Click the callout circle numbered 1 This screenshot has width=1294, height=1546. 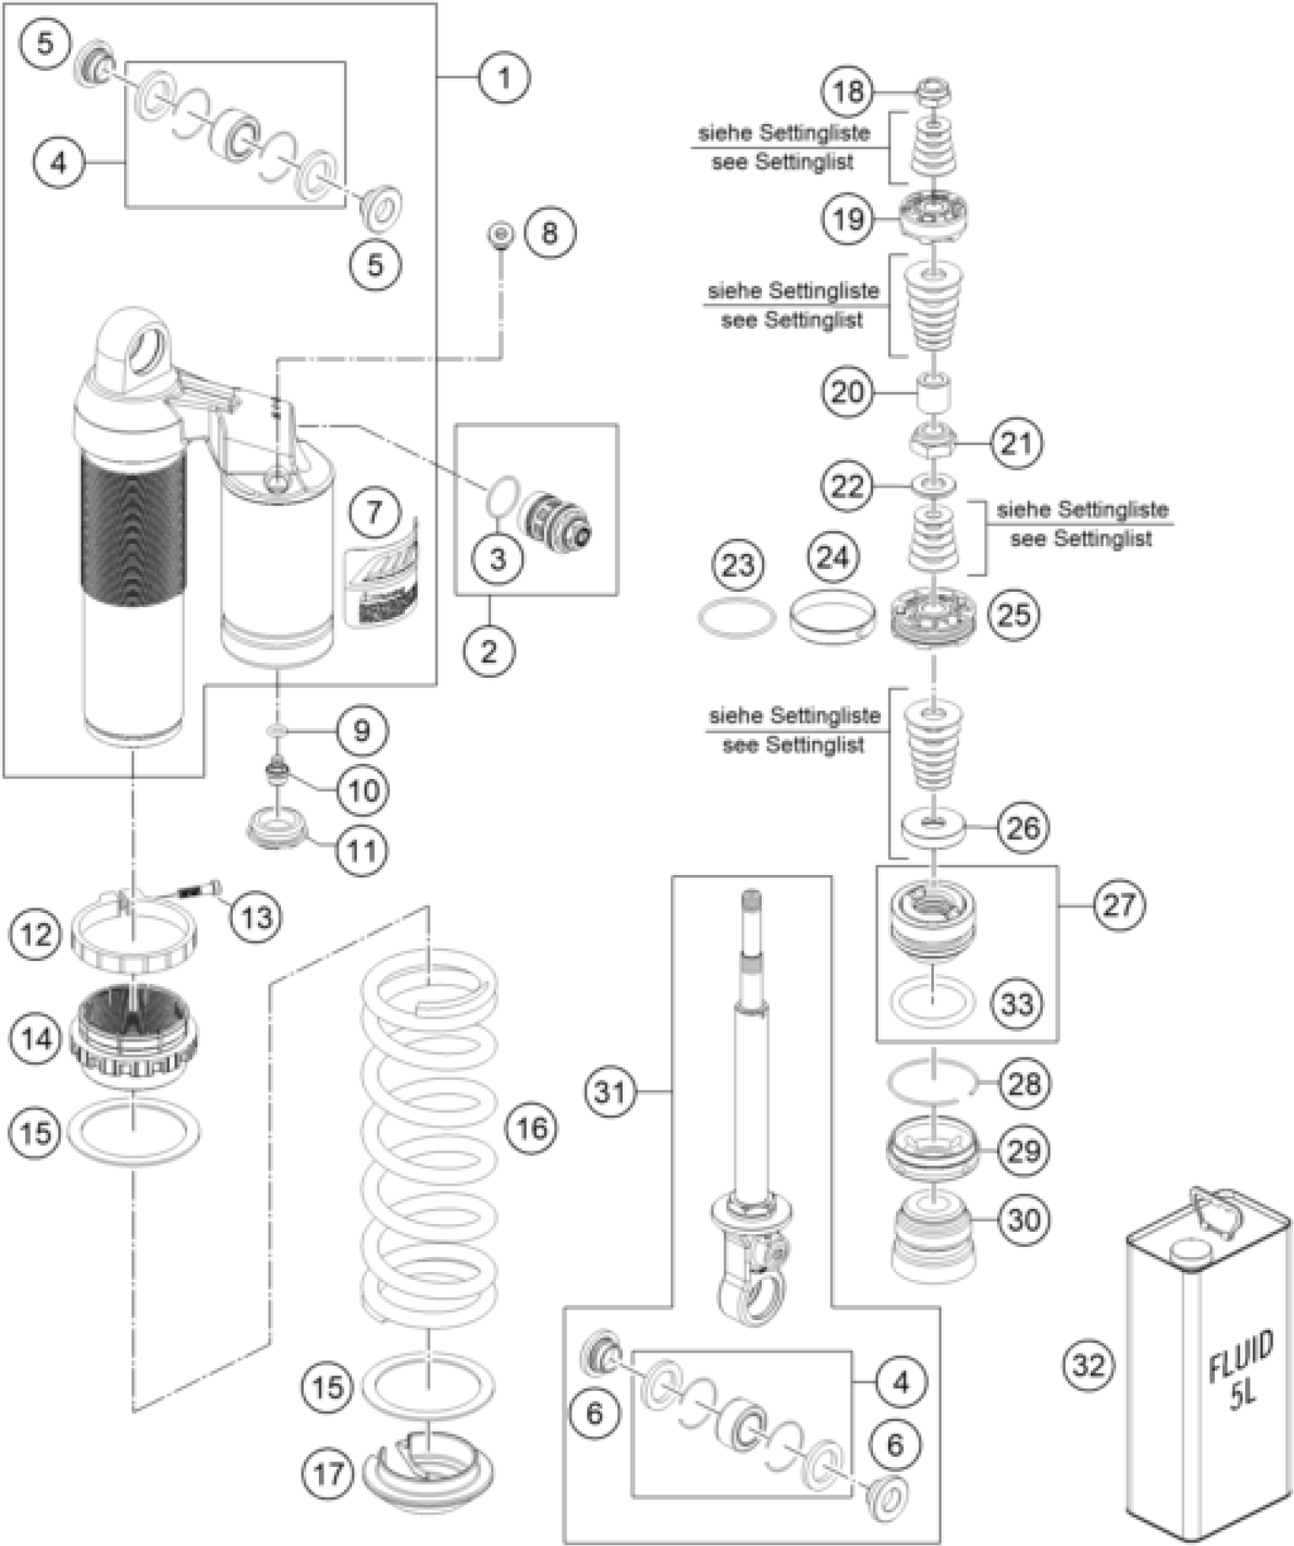click(504, 77)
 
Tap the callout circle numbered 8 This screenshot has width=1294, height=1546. click(549, 233)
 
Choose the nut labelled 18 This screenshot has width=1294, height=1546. click(934, 91)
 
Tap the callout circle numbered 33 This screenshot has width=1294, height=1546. click(1017, 1004)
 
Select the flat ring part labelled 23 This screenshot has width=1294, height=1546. click(736, 618)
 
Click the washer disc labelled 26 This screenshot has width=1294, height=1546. click(934, 826)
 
